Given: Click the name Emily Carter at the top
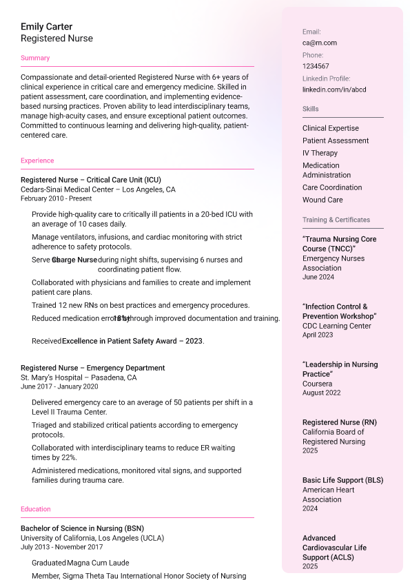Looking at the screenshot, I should pos(46,27).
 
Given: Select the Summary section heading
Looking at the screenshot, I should pos(35,58).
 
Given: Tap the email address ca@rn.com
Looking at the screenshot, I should pos(320,43).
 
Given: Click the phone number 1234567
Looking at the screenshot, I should pos(316,66).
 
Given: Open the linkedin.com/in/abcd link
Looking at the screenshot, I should pos(334,90).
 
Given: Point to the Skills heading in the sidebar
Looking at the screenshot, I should pos(311,109).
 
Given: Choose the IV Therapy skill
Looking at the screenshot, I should pos(320,153).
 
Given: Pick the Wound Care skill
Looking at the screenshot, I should pos(322,200).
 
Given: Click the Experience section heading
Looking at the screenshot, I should pos(37,160).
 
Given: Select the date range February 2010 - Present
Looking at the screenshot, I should pos(56,198).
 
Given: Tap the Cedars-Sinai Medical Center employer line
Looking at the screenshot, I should pos(98,189).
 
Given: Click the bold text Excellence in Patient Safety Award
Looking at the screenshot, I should pos(132,341).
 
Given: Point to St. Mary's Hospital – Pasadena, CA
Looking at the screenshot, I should pos(79,377).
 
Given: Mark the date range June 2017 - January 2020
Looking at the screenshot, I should pos(59,386).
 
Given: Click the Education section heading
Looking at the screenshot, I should pos(36,509).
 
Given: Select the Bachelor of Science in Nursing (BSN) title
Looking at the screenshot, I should pos(82,528).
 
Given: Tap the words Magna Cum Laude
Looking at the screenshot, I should pos(98,563).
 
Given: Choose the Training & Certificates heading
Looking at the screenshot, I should pos(336,220).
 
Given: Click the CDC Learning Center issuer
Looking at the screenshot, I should pos(337,326).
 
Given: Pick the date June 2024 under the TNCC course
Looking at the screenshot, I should pos(318,277).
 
